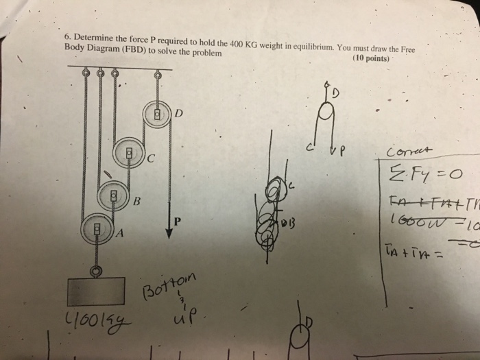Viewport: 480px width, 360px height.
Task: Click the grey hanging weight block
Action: tap(95, 292)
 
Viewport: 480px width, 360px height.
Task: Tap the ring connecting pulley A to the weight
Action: tap(97, 270)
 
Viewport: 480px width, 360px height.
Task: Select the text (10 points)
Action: tap(371, 59)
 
